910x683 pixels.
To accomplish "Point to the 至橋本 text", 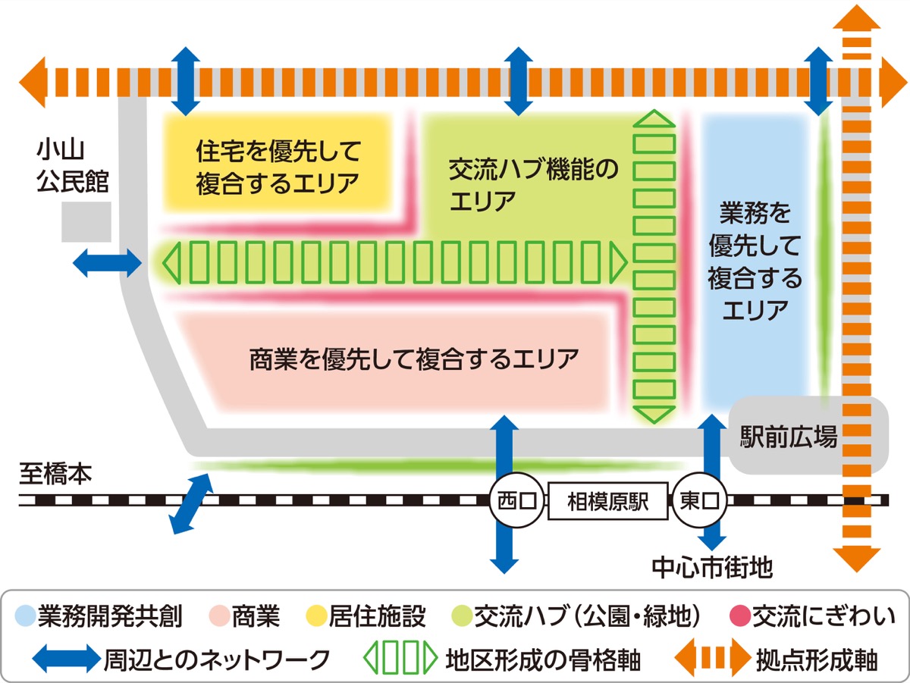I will click(x=55, y=475).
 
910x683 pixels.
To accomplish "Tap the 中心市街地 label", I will click(x=712, y=567).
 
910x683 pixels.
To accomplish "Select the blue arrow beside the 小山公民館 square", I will click(x=107, y=264).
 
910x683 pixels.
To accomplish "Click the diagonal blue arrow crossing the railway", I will click(x=190, y=503).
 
